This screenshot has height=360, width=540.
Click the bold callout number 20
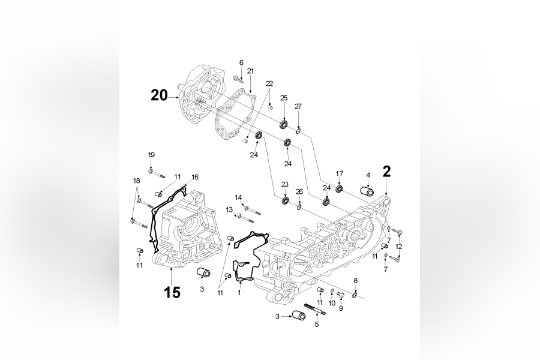159,95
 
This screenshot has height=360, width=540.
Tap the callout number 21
250,71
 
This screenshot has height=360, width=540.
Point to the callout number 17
340,173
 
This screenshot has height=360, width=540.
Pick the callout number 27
298,106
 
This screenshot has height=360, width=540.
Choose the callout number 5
317,325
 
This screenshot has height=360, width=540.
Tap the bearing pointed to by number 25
284,124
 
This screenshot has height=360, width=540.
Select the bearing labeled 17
339,189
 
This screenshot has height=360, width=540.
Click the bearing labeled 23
285,199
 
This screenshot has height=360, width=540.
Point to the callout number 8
355,280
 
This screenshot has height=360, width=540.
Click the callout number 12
398,247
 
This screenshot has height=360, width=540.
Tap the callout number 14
238,197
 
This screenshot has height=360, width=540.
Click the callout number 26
299,191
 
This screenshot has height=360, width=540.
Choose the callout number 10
332,304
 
